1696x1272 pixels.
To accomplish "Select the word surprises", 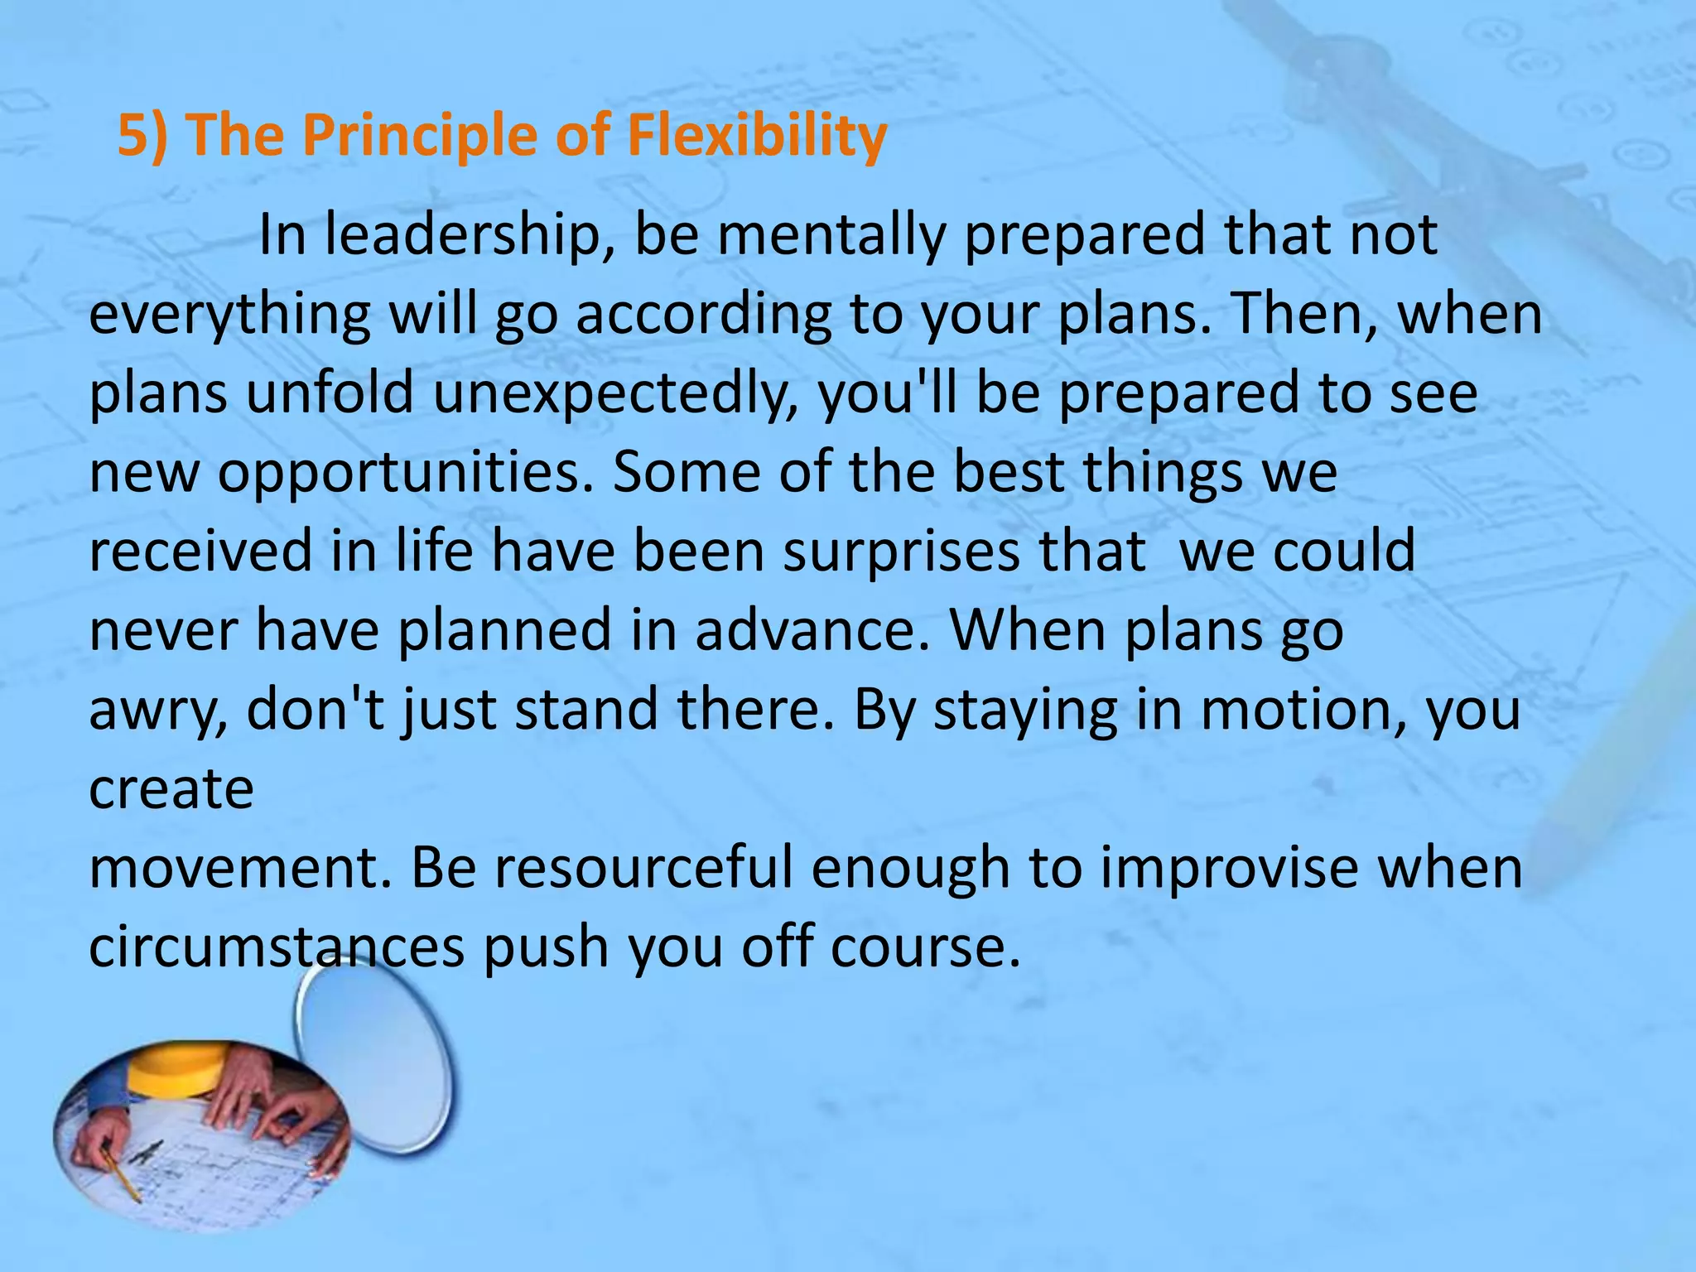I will (x=902, y=551).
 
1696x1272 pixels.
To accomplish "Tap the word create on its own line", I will (x=171, y=788).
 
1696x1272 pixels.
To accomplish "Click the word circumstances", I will (x=277, y=946).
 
